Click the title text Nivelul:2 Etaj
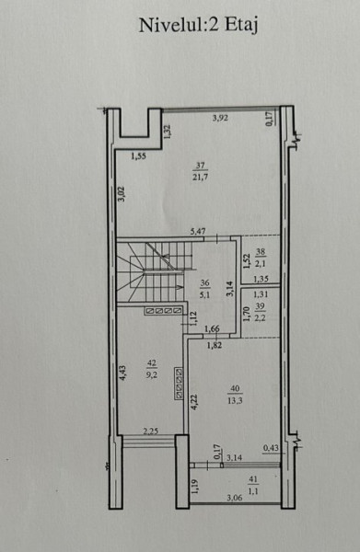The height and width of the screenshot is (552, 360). click(198, 26)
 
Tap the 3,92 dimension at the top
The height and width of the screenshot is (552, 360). click(220, 119)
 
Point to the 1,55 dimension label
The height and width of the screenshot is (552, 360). click(138, 156)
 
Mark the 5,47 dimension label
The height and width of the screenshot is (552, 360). click(198, 232)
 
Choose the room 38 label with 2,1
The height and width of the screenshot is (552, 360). click(261, 258)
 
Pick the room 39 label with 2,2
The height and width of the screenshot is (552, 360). click(260, 312)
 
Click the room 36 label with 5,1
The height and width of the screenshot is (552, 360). click(204, 289)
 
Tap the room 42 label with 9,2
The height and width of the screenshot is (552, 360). click(152, 369)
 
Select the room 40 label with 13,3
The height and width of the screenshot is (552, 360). click(235, 395)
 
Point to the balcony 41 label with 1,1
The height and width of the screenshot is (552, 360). click(253, 485)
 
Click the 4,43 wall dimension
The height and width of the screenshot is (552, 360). click(122, 373)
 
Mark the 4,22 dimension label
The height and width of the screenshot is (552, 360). click(194, 402)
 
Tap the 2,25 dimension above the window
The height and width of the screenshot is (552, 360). click(150, 431)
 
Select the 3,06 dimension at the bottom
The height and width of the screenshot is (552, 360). click(235, 498)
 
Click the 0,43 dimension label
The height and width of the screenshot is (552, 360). click(271, 448)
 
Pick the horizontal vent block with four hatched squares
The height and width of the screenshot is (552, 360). click(163, 311)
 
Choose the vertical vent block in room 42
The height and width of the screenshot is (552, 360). click(179, 383)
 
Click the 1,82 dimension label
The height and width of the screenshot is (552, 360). click(215, 345)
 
